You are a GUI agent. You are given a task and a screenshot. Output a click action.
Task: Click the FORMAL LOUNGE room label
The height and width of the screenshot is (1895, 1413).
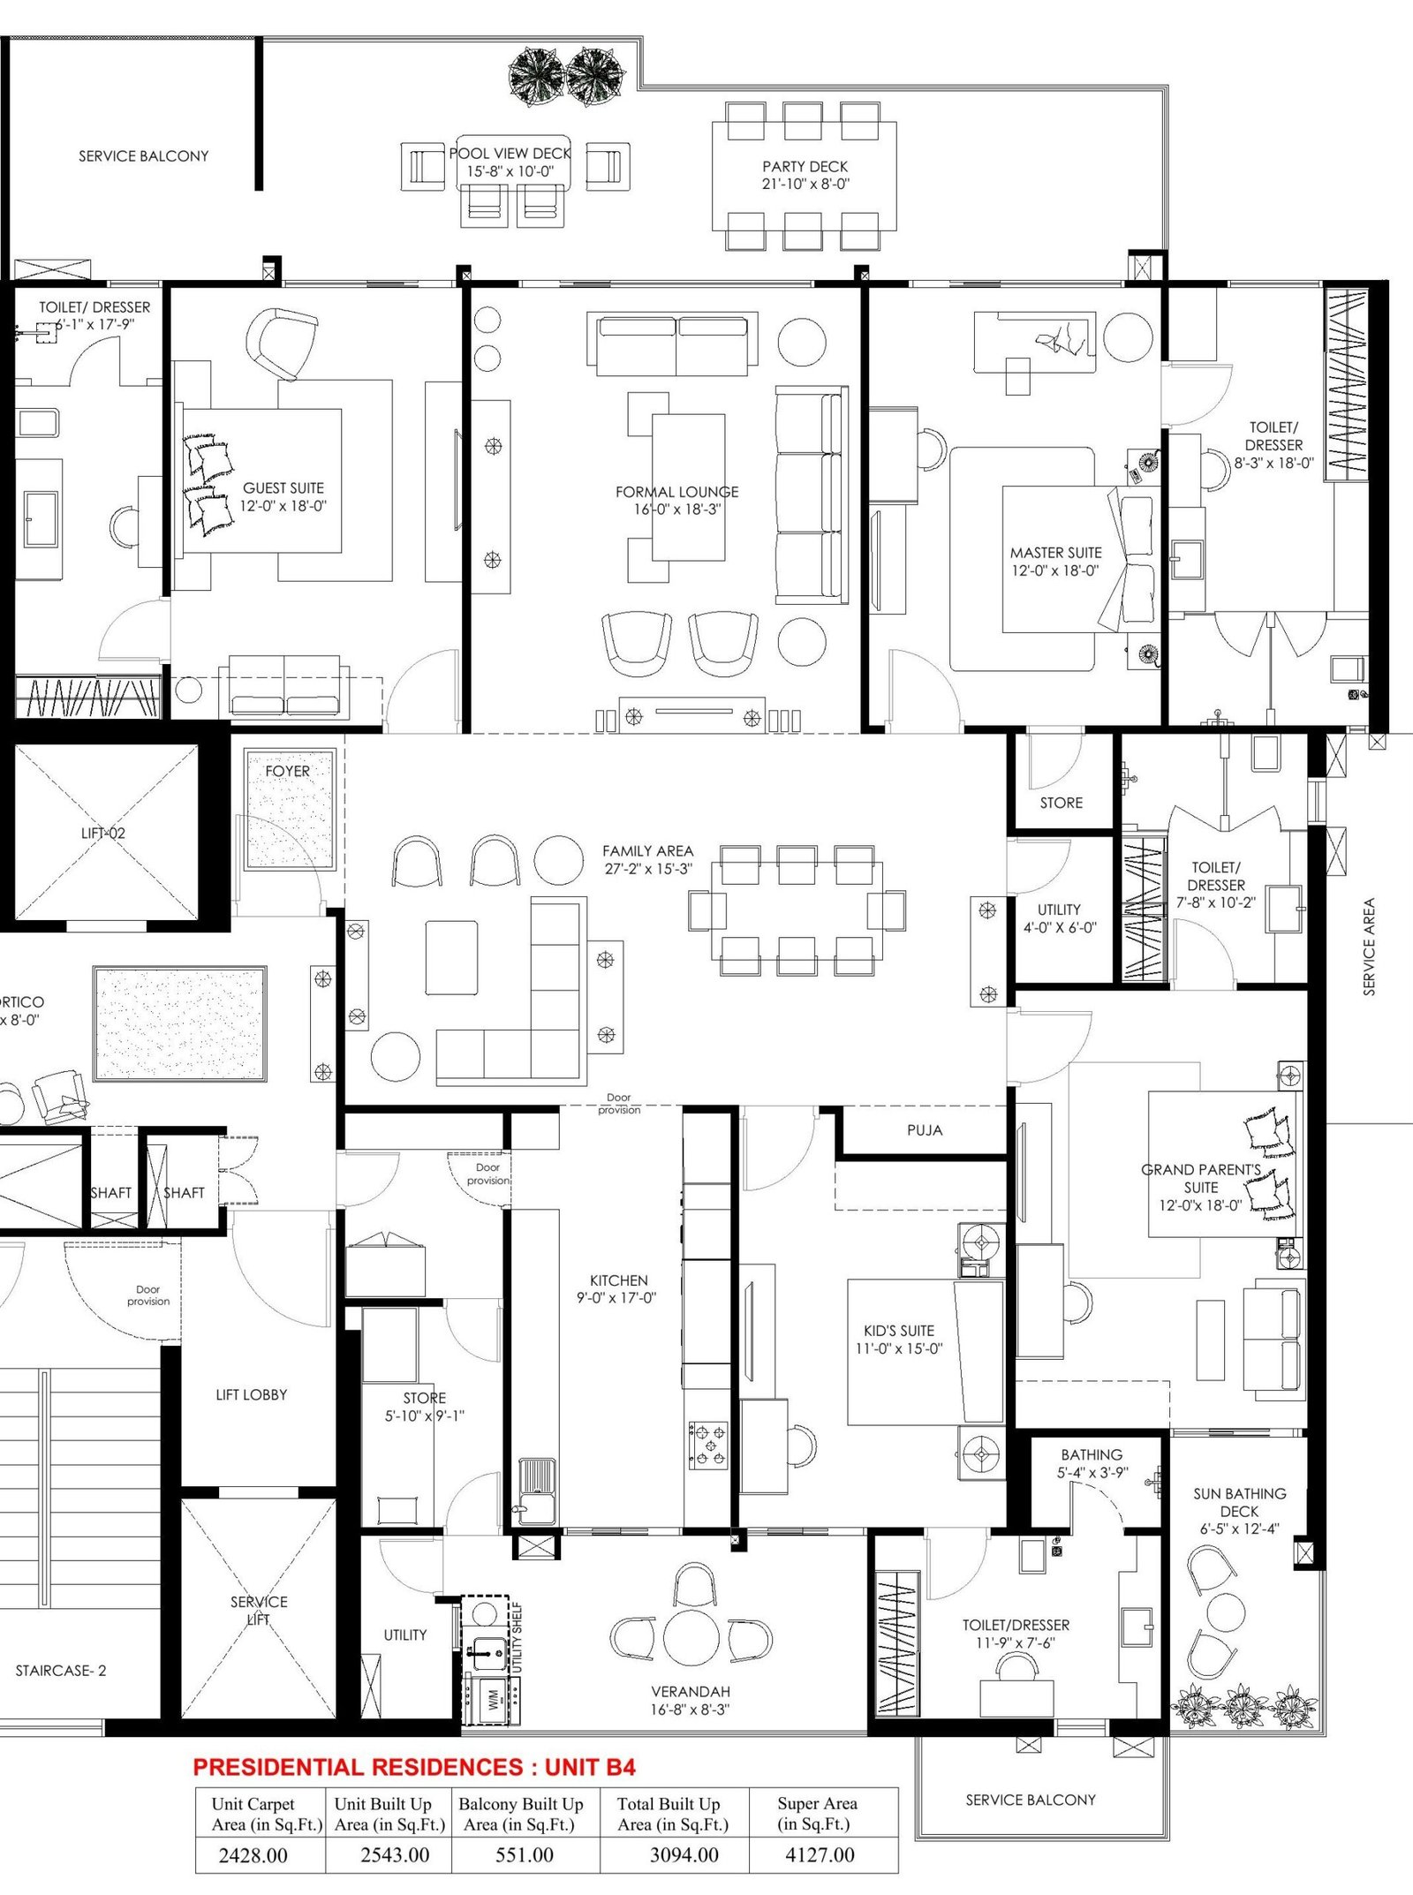tap(676, 492)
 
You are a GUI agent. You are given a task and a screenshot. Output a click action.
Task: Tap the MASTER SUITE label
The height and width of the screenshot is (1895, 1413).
tap(1055, 553)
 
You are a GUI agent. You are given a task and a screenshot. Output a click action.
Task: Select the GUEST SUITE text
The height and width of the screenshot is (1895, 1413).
tap(283, 487)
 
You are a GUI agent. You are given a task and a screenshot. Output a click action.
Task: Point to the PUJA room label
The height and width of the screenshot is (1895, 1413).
tap(925, 1130)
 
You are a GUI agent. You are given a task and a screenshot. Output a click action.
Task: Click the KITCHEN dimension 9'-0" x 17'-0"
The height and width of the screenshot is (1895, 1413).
tap(616, 1298)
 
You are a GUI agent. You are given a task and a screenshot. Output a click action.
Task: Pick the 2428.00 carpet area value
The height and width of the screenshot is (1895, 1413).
tap(253, 1855)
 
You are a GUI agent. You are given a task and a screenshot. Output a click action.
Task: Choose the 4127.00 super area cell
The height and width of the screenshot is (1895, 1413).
tap(820, 1854)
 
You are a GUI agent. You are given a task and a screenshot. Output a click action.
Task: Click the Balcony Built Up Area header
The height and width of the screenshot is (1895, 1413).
tap(521, 1815)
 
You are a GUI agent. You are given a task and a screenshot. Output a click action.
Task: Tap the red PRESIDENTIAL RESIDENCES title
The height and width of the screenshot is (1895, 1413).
tap(414, 1767)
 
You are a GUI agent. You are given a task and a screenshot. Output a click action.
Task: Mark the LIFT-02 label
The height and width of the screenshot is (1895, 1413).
tap(103, 833)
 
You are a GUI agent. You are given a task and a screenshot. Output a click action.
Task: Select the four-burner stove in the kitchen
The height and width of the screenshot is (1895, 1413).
tap(708, 1445)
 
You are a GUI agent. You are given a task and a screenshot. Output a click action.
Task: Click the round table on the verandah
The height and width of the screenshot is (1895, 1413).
tap(693, 1638)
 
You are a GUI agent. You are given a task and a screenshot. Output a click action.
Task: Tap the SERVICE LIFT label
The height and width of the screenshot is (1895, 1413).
tap(259, 1611)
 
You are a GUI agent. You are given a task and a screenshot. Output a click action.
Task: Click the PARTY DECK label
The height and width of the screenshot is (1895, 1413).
tap(805, 166)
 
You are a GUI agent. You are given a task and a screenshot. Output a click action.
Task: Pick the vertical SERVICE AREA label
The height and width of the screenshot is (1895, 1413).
tap(1369, 947)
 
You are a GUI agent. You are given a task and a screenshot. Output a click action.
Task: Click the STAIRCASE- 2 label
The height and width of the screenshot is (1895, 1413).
tap(61, 1671)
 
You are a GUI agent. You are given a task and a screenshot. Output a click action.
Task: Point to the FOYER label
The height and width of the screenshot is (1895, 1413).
tap(288, 771)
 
